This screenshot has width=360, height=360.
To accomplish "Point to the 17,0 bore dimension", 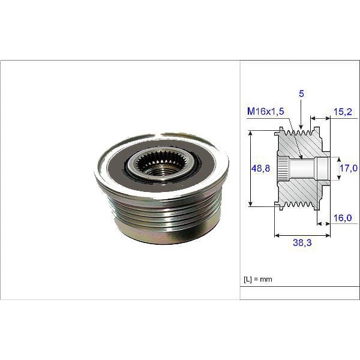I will (x=347, y=170).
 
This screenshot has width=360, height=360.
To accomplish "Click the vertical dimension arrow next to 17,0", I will (x=337, y=169).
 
